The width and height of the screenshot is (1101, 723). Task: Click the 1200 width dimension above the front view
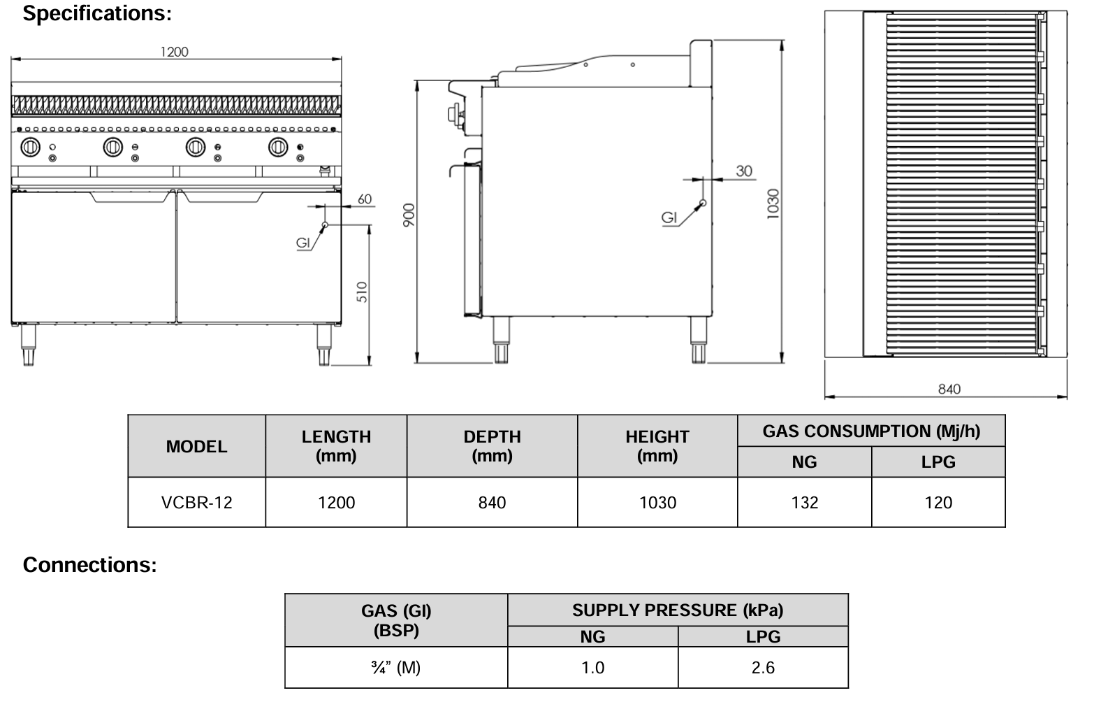click(174, 52)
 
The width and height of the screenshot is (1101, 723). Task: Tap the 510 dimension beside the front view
click(362, 292)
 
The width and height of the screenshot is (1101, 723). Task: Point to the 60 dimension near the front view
click(365, 199)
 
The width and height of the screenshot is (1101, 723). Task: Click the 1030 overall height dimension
click(773, 203)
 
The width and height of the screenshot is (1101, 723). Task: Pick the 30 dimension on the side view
click(744, 171)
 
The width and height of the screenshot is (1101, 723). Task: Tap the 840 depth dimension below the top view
click(949, 389)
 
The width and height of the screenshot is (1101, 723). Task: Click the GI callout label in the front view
click(303, 243)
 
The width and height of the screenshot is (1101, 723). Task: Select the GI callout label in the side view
click(669, 217)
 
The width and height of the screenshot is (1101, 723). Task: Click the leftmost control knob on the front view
click(30, 148)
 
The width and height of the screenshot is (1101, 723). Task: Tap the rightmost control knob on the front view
click(278, 147)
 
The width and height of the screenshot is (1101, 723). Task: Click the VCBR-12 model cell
click(196, 503)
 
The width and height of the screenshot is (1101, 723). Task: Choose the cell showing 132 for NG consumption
click(804, 503)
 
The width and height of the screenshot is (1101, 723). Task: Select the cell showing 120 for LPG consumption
click(938, 503)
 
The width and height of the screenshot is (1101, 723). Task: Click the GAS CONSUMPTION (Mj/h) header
click(871, 431)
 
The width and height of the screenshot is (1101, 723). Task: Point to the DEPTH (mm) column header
click(492, 446)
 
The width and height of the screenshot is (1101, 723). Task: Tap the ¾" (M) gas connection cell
click(396, 668)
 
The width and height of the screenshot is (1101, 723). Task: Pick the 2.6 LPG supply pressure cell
click(763, 668)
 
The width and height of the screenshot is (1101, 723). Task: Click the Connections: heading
click(90, 564)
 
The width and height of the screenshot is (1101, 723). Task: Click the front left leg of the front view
click(28, 346)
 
